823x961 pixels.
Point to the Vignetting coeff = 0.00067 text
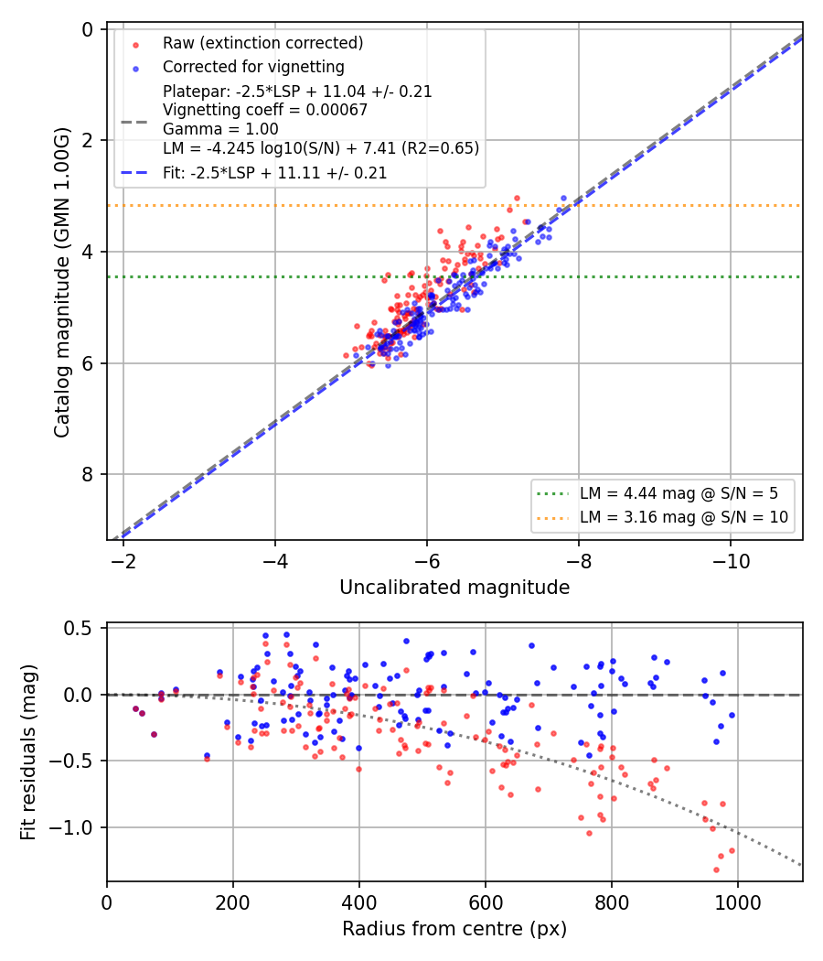(x=265, y=111)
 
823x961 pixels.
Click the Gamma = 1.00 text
(x=220, y=129)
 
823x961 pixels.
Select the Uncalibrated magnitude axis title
(x=454, y=588)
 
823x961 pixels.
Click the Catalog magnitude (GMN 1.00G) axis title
(x=62, y=283)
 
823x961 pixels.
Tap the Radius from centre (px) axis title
(x=454, y=929)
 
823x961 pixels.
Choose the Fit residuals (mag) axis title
(x=28, y=752)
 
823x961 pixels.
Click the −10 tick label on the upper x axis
(x=731, y=561)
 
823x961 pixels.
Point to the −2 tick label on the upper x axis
(x=123, y=561)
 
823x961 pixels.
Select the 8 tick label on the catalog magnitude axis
(x=87, y=474)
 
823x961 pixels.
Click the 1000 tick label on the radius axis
(x=737, y=902)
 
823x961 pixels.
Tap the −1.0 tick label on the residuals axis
(x=71, y=828)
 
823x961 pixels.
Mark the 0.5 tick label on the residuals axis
(x=78, y=628)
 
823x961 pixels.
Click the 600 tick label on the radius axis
(x=486, y=902)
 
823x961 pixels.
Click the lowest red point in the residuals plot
(x=716, y=869)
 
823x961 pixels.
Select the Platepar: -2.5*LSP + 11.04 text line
(x=297, y=92)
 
